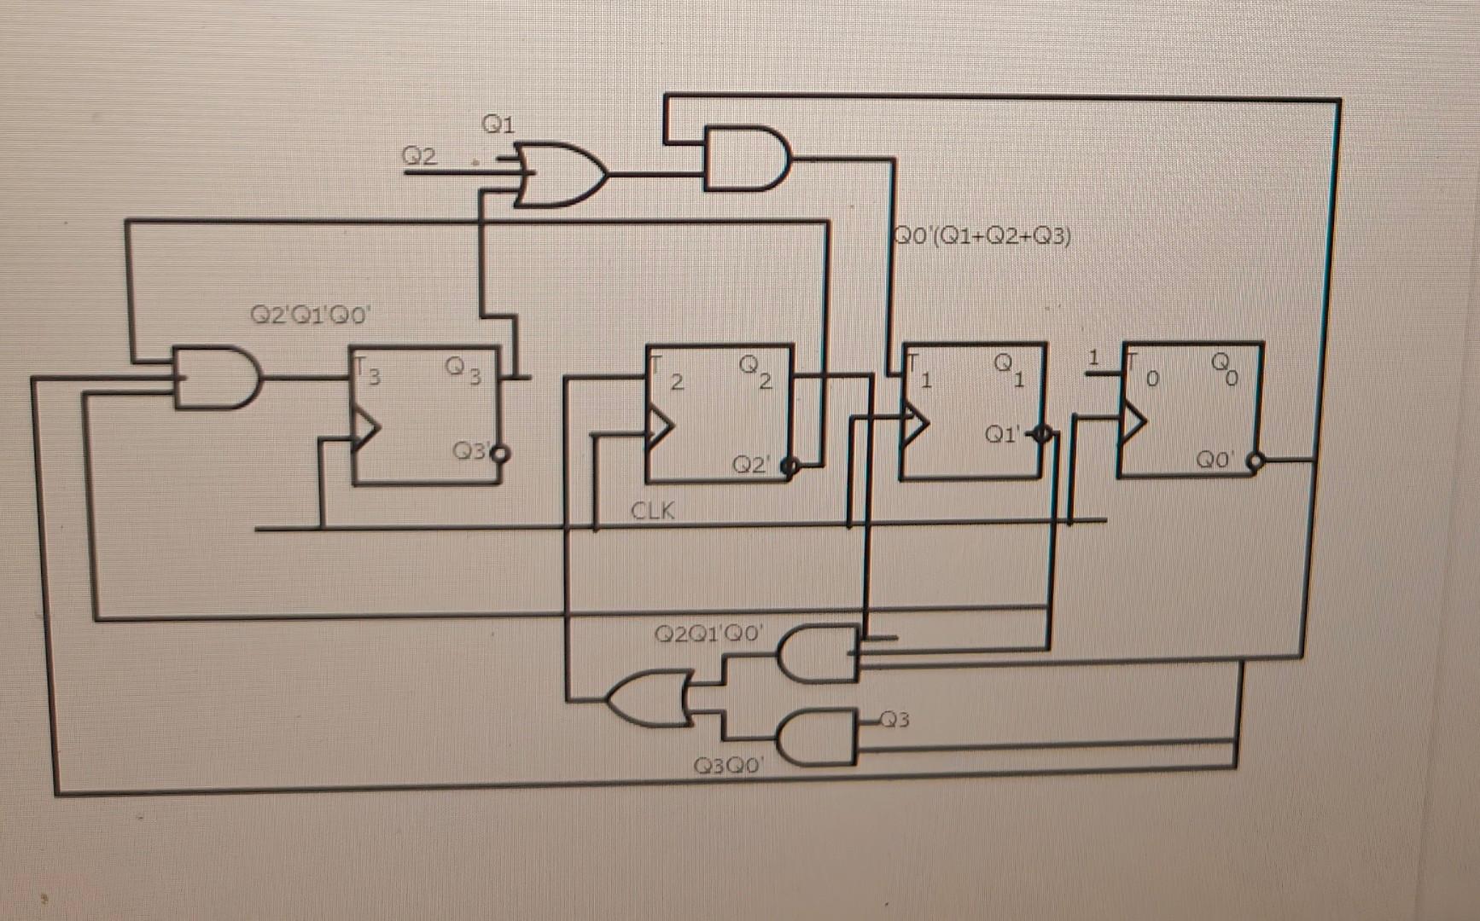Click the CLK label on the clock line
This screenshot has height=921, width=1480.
tap(652, 511)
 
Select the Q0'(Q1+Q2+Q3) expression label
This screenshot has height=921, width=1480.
tap(982, 235)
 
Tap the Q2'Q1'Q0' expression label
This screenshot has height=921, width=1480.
tap(310, 316)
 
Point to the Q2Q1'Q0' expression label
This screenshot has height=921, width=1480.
tap(708, 634)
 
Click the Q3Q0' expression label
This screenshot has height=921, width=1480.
tap(728, 766)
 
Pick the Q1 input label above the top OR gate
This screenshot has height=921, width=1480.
tap(498, 125)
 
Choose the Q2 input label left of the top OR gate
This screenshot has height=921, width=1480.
tap(419, 156)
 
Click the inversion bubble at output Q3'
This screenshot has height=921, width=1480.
tap(502, 454)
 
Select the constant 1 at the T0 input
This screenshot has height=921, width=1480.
tap(1095, 356)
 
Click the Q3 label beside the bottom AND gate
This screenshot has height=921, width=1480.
tap(894, 721)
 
